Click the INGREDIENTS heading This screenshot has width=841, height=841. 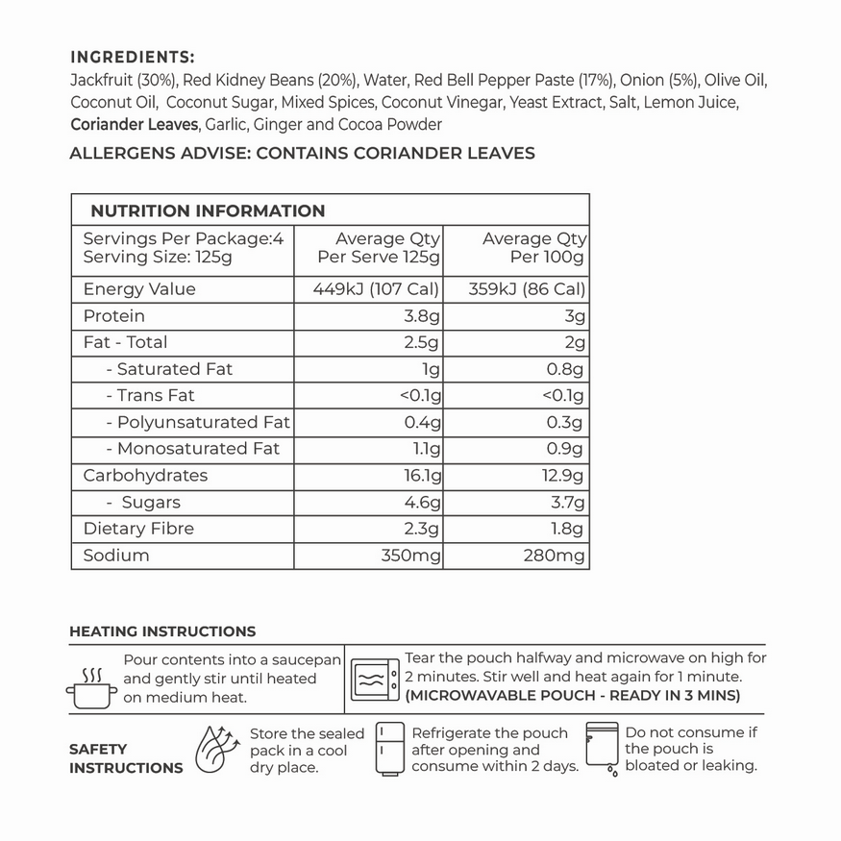point(133,57)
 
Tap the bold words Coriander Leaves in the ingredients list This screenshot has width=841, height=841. point(134,125)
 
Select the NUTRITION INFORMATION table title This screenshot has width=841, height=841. point(208,210)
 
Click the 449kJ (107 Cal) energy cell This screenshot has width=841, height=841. point(377,289)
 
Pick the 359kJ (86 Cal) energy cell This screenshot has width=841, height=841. point(527,289)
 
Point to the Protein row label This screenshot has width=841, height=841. point(114,316)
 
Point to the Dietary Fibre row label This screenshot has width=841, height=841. point(138,529)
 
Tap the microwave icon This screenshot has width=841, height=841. point(374,679)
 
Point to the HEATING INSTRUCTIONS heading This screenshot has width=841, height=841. point(162,631)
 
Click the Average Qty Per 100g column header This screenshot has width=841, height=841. point(533,248)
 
